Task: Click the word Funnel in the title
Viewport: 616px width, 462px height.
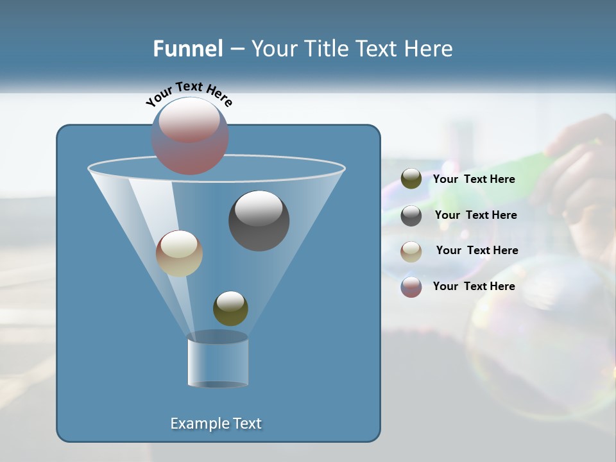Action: (187, 49)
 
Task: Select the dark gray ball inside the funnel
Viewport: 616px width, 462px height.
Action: (259, 221)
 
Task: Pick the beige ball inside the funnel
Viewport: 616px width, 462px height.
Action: (179, 253)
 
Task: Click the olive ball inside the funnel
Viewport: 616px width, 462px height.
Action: (230, 309)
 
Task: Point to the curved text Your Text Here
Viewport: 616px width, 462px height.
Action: (189, 93)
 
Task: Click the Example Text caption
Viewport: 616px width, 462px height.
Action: (216, 424)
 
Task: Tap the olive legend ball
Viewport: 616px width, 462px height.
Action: (411, 179)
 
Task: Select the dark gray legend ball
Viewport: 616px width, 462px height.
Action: (411, 215)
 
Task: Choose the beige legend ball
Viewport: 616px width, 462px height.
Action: (411, 251)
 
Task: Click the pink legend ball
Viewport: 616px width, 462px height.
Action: (411, 287)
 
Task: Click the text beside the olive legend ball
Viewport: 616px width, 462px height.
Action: (474, 179)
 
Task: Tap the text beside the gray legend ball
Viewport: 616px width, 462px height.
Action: (475, 215)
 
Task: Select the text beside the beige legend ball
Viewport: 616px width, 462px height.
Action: (477, 250)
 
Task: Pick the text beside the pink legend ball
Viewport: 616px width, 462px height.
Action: (474, 286)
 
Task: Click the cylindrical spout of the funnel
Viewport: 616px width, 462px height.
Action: (218, 361)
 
